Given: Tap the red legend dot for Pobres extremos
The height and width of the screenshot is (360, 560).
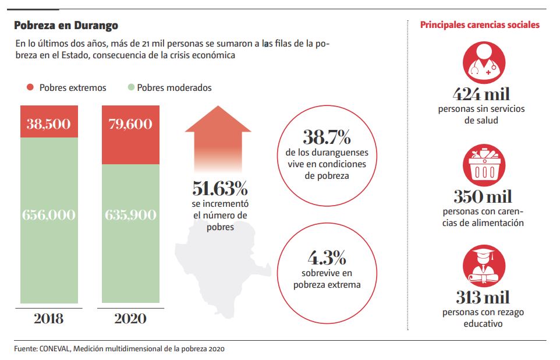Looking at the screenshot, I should point(30,87).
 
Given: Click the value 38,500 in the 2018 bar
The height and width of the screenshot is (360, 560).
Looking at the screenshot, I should point(49,123).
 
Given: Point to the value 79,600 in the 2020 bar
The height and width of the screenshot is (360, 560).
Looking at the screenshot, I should point(130,123).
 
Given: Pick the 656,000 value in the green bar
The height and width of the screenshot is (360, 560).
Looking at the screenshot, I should point(49,214).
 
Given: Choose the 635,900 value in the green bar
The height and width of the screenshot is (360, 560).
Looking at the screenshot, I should point(130,214).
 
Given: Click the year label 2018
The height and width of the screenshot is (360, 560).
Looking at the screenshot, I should point(49,319).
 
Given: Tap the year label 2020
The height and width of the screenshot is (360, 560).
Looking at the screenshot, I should point(130,319).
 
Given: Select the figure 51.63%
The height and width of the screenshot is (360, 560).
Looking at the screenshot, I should point(220,188).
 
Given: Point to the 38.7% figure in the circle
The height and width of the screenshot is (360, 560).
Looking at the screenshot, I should point(327,138).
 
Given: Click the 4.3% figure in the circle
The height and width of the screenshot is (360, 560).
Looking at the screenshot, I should point(327,257).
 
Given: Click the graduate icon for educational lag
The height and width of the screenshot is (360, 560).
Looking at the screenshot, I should point(483,265).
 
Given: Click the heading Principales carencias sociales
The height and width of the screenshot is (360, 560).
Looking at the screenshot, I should point(480,25).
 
